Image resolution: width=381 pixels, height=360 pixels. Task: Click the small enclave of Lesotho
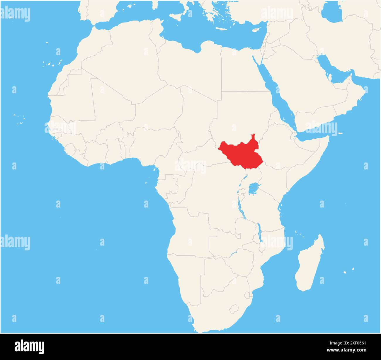(234, 309)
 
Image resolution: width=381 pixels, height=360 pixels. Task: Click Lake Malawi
(259, 232)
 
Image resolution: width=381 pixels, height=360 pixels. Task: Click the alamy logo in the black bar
(30, 346)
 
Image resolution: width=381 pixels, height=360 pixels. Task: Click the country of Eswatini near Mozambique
(247, 295)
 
